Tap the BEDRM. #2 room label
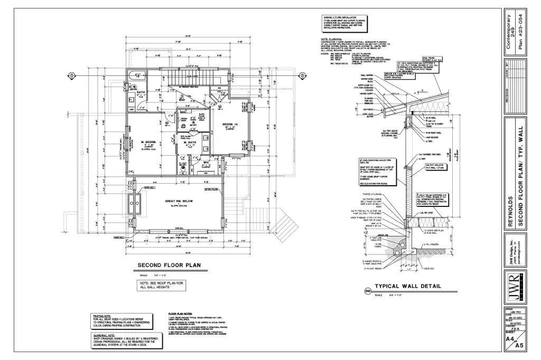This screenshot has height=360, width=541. [231, 124]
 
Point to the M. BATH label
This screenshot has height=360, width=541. [190, 143]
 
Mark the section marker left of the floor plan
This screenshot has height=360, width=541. [70, 75]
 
